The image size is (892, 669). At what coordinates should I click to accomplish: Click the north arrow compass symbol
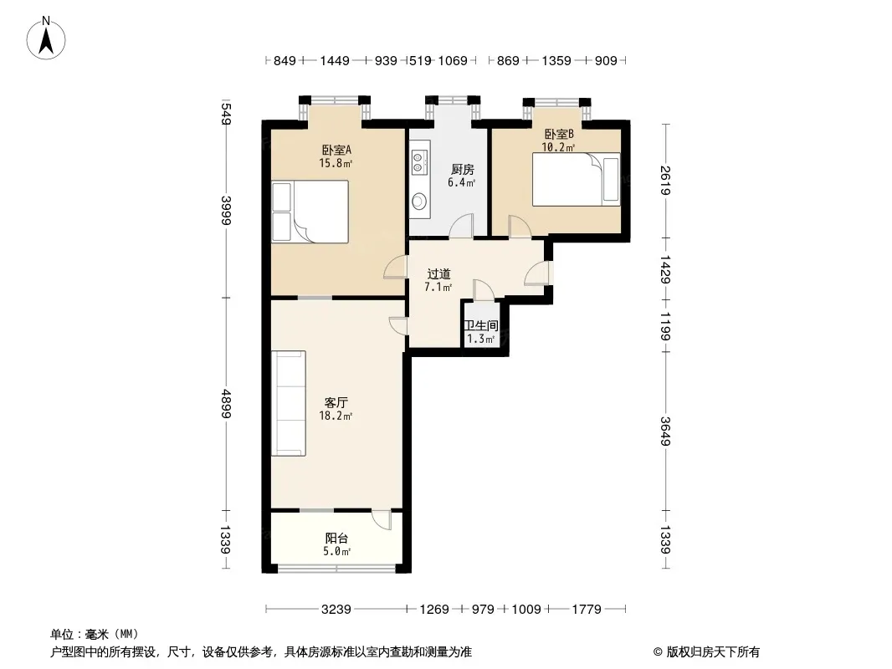[46, 38]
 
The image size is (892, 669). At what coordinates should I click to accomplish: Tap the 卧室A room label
[336, 150]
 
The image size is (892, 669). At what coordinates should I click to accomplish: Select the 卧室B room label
[559, 134]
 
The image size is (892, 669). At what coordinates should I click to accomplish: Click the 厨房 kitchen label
[462, 170]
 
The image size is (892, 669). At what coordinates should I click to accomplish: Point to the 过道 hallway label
[438, 274]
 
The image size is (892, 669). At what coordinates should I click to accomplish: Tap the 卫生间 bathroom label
[481, 325]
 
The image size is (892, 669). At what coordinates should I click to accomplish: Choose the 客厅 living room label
[336, 402]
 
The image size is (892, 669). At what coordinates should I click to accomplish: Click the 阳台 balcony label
[336, 538]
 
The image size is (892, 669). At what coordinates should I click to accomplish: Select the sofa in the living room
[289, 403]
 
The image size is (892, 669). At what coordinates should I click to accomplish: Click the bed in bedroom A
[310, 212]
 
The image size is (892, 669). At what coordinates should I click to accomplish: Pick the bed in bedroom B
[576, 179]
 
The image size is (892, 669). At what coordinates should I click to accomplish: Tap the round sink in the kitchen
[419, 201]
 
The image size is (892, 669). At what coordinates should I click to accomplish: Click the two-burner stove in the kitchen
[418, 161]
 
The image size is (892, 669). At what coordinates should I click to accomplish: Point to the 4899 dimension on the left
[226, 404]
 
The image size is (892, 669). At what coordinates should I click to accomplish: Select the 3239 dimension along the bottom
[336, 610]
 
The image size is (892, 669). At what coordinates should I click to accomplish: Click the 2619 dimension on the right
[665, 180]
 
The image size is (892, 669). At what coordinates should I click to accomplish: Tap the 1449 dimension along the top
[335, 60]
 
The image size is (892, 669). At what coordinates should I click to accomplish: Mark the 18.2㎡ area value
[336, 416]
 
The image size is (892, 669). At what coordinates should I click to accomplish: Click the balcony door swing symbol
[382, 520]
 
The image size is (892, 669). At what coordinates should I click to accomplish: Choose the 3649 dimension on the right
[665, 432]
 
